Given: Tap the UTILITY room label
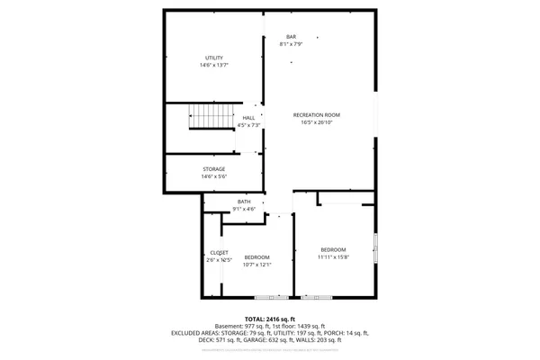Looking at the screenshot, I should pos(213,58).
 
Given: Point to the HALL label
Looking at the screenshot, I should pos(248,118).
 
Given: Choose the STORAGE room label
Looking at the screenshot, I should pos(213,169).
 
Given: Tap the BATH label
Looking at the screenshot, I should pos(244,202).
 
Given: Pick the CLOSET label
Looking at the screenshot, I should pos(219,253).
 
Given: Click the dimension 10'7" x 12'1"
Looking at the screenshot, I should pos(257,265).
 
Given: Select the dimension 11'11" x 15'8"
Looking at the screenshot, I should pos(333,256).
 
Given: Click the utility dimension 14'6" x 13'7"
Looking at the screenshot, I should pos(213,66).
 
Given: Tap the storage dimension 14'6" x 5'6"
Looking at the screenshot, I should pos(213,176).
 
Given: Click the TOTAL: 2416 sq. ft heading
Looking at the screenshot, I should pos(269,319).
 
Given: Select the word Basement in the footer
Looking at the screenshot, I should pos(229,326).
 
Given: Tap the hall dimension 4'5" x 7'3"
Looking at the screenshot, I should pos(247,125).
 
